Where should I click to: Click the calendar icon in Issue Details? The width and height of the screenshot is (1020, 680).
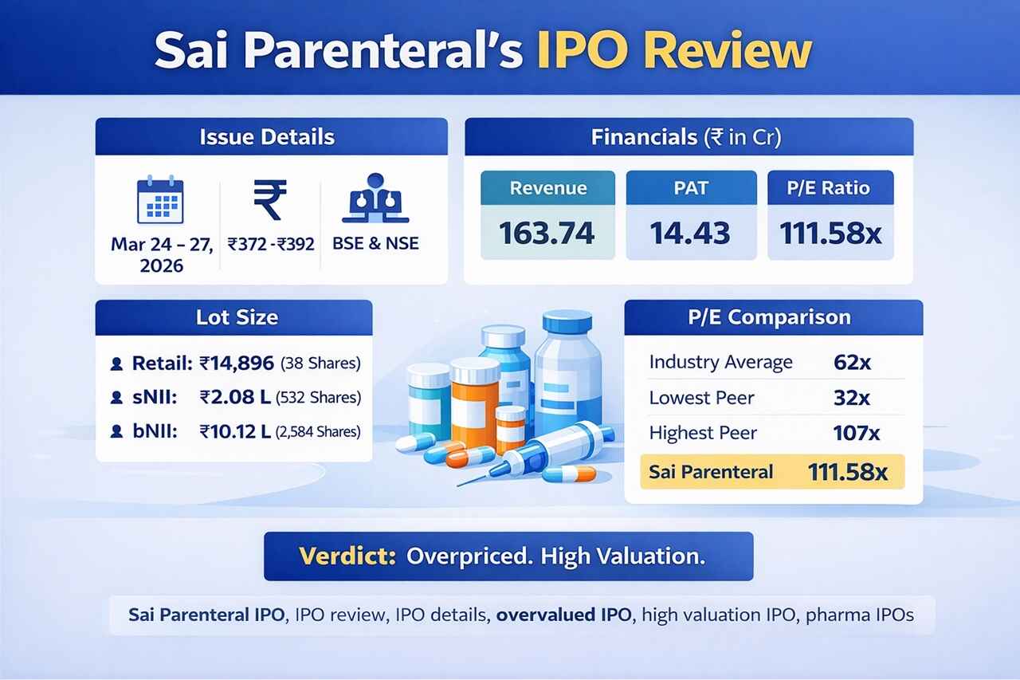click(160, 200)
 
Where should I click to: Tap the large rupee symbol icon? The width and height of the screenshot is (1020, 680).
click(270, 200)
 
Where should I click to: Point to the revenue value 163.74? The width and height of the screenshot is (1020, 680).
click(547, 232)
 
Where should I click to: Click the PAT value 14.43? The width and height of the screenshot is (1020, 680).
click(690, 232)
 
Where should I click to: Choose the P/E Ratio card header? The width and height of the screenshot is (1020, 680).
click(830, 189)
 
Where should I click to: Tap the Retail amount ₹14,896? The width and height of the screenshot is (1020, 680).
click(237, 364)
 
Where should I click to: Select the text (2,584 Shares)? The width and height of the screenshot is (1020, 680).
click(317, 432)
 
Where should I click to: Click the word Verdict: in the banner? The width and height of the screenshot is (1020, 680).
click(347, 556)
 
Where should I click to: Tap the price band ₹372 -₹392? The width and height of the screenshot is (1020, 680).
click(269, 242)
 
